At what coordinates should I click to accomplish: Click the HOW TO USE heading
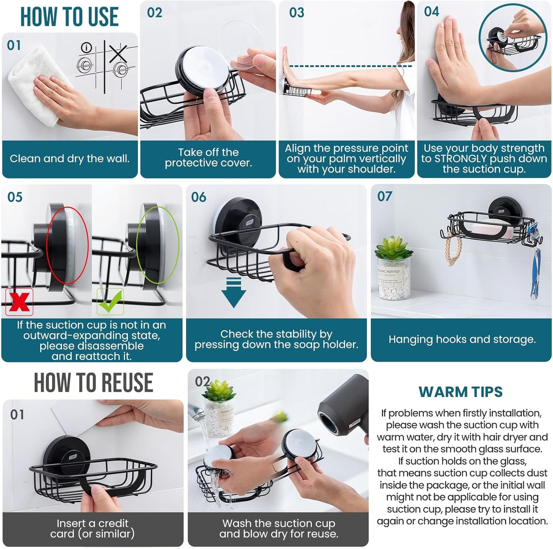tap(69, 17)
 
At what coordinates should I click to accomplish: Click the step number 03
tap(297, 13)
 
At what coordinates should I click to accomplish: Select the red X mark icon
tap(19, 302)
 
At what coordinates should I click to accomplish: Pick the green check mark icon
tap(110, 302)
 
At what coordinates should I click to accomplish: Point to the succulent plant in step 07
tap(393, 249)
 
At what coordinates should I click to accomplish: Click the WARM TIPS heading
tap(460, 392)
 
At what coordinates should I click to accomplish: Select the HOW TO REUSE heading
tap(93, 383)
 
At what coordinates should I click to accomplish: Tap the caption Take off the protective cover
tap(208, 158)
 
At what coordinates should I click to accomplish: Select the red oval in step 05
tap(67, 245)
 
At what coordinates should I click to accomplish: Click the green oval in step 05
tap(158, 245)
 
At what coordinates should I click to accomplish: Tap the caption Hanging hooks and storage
tap(462, 339)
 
